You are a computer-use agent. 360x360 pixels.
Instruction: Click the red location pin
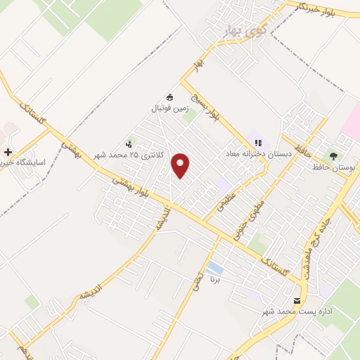pyautogui.click(x=181, y=165)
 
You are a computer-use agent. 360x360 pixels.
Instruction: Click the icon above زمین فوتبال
pyautogui.click(x=169, y=97)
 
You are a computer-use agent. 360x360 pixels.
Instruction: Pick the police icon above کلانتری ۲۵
pyautogui.click(x=128, y=142)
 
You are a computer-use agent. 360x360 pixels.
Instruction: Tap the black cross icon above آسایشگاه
pyautogui.click(x=8, y=152)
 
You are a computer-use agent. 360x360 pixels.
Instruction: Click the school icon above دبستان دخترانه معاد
pyautogui.click(x=258, y=141)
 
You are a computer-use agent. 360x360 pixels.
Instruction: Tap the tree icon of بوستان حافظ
pyautogui.click(x=333, y=155)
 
